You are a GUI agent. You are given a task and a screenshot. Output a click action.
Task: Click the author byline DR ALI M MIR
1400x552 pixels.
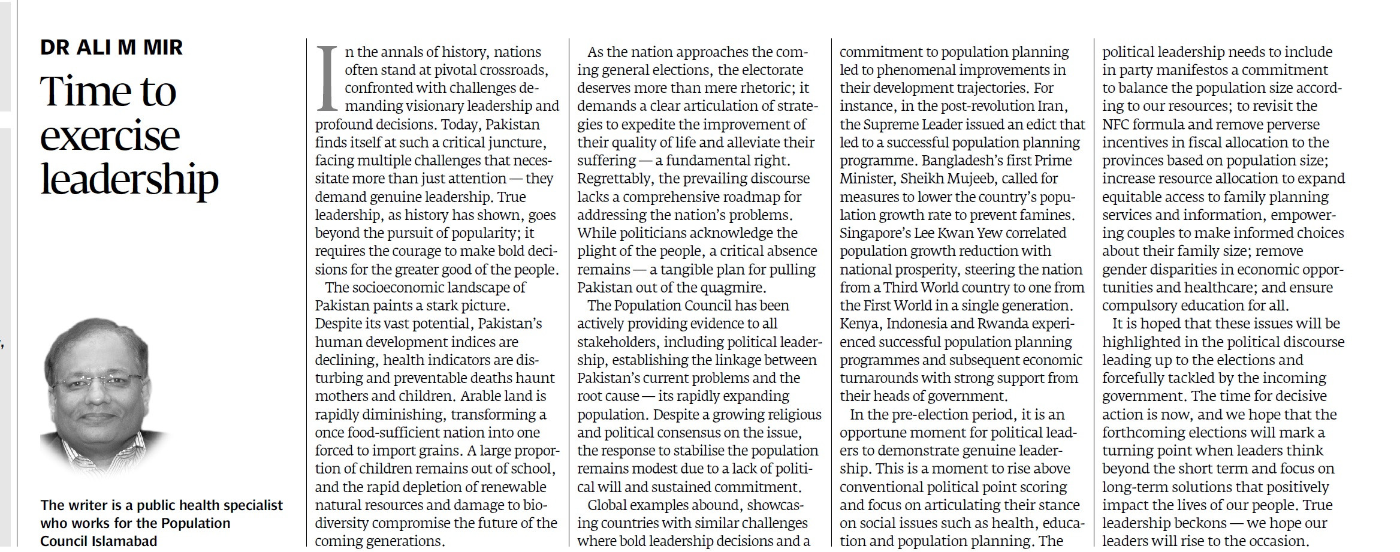click(x=111, y=47)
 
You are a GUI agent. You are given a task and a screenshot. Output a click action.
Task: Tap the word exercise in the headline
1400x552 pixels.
click(x=110, y=136)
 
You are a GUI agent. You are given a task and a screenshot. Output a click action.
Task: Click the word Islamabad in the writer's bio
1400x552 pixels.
click(x=126, y=541)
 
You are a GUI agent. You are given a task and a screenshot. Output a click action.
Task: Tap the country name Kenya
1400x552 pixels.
click(x=860, y=324)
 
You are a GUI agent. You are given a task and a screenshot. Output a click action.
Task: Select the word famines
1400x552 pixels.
click(x=1039, y=215)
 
